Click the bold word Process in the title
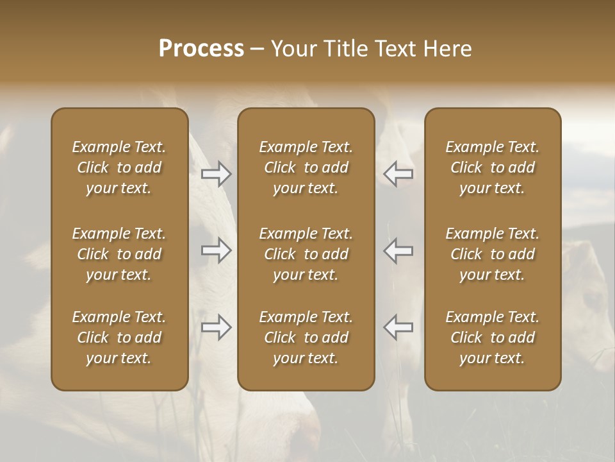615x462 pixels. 201,49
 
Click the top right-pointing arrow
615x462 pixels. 216,174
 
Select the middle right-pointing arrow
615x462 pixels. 216,250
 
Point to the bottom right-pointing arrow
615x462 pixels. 216,327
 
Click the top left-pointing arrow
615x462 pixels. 398,174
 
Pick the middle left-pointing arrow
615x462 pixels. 398,250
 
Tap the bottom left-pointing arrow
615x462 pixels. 398,327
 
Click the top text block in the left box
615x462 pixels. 119,167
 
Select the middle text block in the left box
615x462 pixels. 119,254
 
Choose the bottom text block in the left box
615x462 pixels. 119,338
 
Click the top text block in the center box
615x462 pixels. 306,167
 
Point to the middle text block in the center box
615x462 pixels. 306,254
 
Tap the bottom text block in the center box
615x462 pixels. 306,338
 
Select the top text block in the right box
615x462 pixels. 492,167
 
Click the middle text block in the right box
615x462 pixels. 492,254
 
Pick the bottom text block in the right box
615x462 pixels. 492,338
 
